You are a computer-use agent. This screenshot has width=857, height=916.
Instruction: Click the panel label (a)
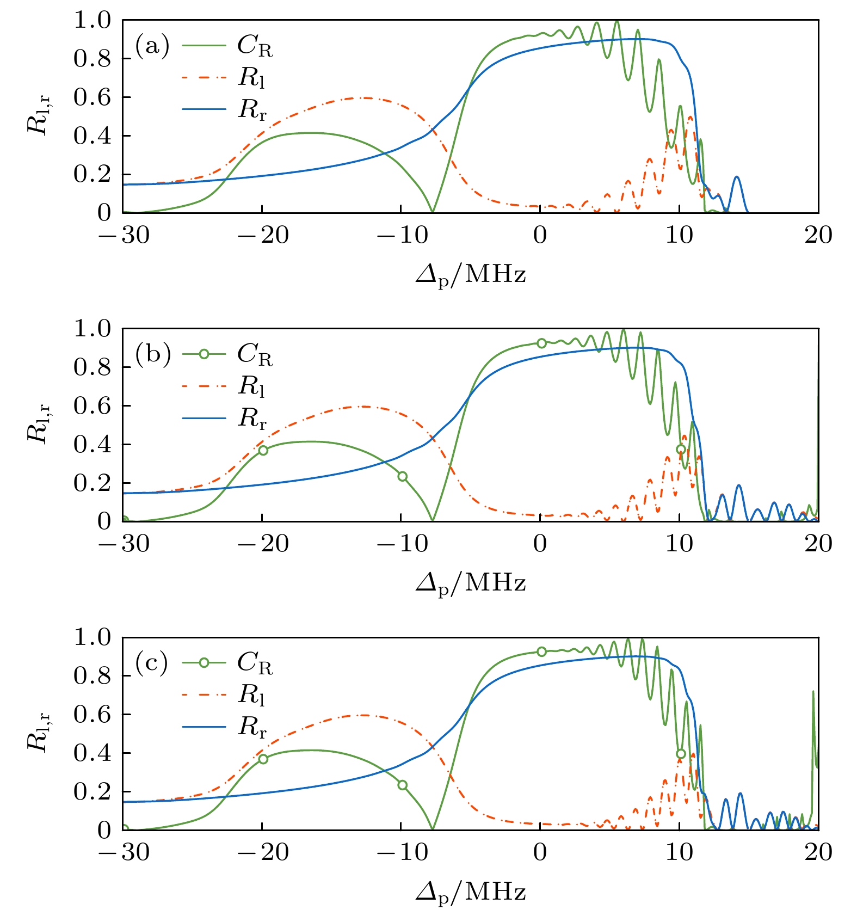[x=152, y=46]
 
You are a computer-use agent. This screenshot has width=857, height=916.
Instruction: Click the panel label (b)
[x=153, y=354]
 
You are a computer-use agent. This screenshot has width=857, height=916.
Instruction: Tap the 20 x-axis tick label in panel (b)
[x=818, y=544]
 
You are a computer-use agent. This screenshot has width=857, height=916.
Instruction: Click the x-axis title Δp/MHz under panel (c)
[x=471, y=892]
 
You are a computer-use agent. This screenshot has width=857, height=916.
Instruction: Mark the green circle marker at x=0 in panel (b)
[x=541, y=343]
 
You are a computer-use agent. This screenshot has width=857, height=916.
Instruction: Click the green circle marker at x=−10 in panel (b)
[x=403, y=477]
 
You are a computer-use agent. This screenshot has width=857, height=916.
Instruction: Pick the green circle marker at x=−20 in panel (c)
[x=263, y=759]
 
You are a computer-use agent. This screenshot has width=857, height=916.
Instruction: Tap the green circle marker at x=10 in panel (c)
[x=681, y=754]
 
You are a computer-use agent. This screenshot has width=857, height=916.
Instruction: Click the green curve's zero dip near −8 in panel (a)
[x=433, y=211]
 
